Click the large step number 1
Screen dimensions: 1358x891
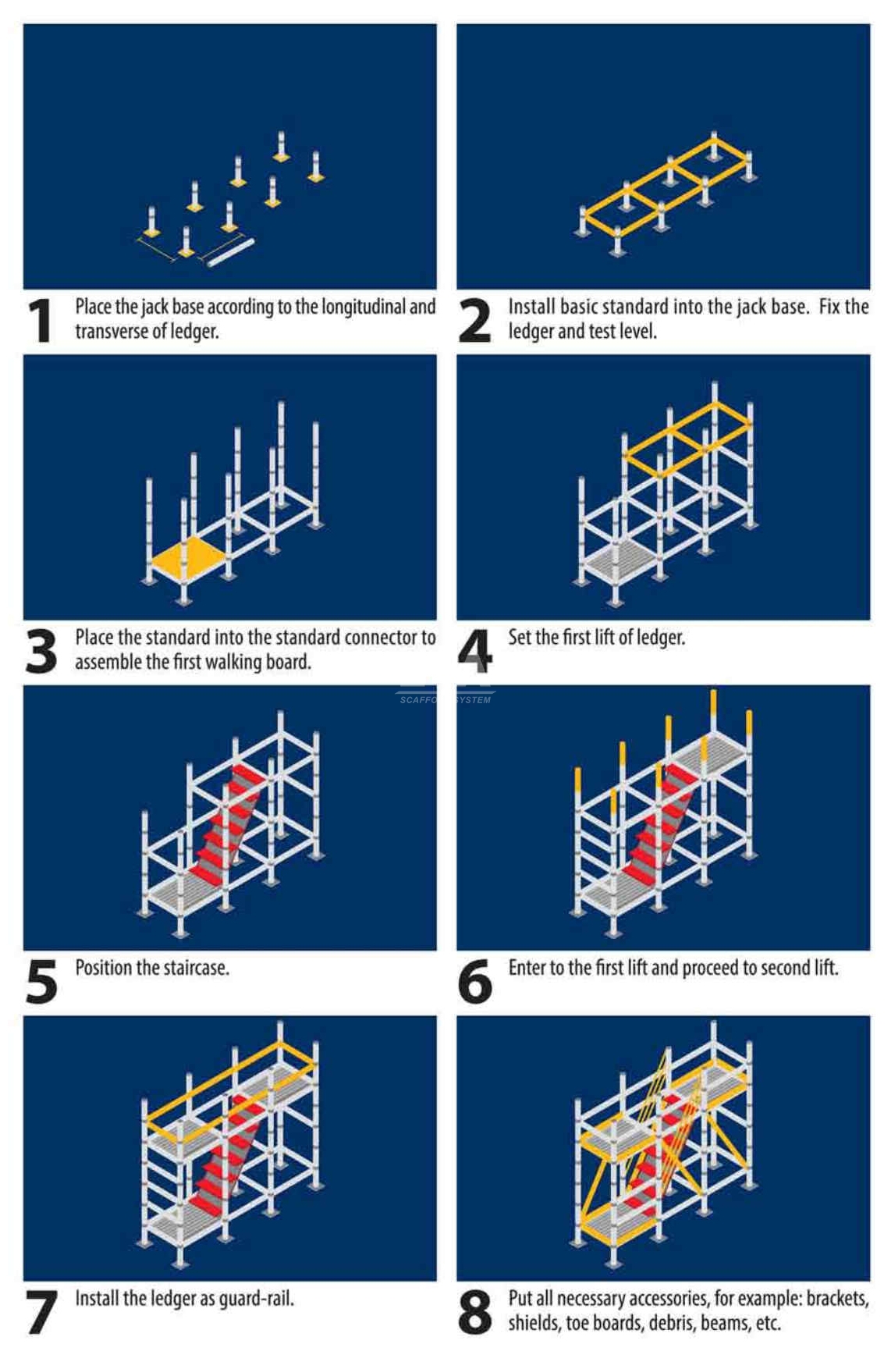[x=40, y=320]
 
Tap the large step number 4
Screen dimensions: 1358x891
[x=474, y=651]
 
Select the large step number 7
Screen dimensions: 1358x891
[x=41, y=1312]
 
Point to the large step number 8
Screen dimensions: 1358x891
[x=474, y=1312]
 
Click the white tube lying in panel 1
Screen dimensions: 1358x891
[x=231, y=253]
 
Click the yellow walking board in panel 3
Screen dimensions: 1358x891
[x=187, y=556]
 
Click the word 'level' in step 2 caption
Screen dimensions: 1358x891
[x=637, y=332]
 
